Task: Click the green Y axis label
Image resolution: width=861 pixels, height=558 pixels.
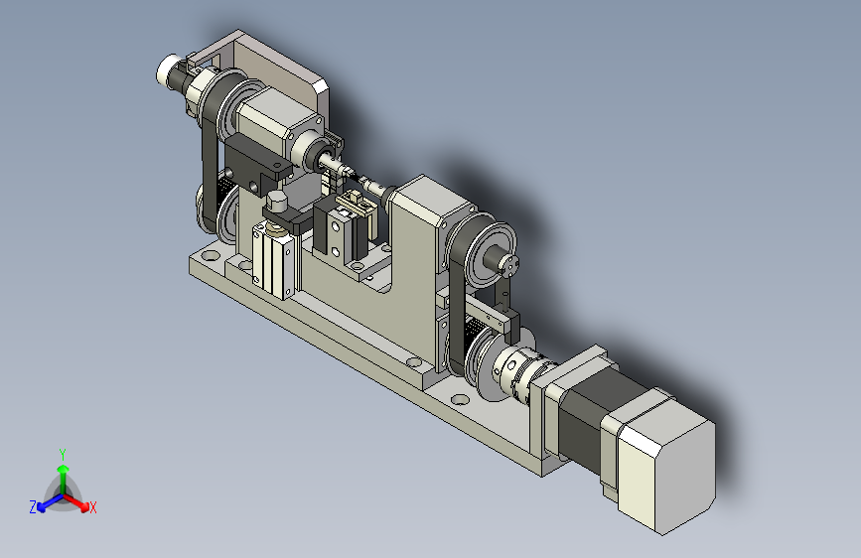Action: click(x=63, y=454)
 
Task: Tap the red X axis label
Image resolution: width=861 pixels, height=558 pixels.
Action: click(x=92, y=507)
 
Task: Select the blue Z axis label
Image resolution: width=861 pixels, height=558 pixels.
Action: click(x=33, y=507)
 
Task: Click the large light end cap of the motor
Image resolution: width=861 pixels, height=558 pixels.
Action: click(x=666, y=463)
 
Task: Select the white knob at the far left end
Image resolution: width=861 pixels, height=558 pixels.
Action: click(x=166, y=70)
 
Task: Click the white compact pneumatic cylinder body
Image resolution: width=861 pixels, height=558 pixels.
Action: click(x=273, y=262)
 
